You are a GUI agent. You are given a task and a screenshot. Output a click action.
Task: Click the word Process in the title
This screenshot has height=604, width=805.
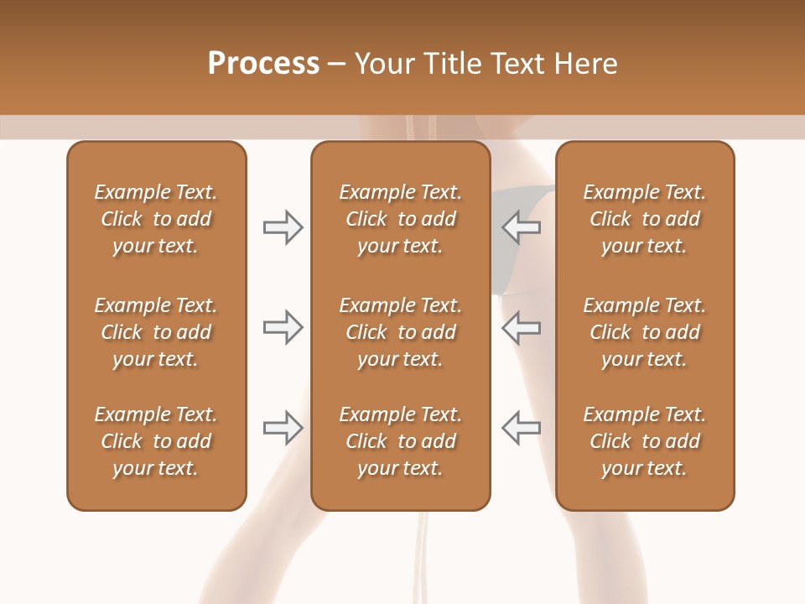pos(263,64)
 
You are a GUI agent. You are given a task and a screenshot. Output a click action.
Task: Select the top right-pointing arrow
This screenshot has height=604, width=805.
pos(283,227)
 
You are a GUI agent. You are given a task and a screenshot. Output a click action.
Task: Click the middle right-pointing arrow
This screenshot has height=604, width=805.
pos(283,327)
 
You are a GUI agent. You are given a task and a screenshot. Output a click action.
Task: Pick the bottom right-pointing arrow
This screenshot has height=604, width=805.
pos(283,428)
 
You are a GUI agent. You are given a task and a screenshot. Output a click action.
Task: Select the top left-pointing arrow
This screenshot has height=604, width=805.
pos(522,227)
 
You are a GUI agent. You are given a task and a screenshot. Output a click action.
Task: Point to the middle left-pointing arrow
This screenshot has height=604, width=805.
pos(522,327)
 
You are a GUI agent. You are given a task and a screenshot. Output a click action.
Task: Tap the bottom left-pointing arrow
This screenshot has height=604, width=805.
pos(522,428)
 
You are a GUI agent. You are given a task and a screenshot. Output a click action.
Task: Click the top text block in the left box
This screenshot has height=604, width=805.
pos(156,219)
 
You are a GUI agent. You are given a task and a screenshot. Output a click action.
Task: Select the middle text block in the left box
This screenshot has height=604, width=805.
pos(156,332)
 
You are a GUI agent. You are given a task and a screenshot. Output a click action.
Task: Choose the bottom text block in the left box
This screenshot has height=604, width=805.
pos(156,441)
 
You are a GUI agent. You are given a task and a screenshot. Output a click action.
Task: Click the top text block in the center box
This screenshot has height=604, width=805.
pos(400,219)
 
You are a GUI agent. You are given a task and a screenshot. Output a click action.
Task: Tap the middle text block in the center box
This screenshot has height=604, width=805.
pos(400,332)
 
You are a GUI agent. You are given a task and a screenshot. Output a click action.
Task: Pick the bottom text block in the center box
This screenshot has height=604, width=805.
pos(400,441)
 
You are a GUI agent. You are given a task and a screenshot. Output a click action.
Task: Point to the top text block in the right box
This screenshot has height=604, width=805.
pos(644,219)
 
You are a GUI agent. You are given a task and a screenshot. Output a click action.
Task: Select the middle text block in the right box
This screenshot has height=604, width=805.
pos(644,332)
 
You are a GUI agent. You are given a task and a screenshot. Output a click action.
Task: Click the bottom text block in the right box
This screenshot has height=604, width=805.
pos(644,441)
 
